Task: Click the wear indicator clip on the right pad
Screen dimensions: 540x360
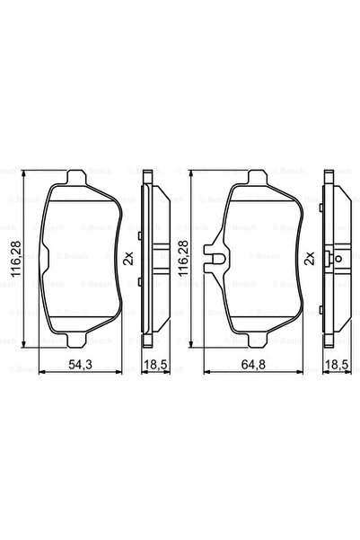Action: coord(214,261)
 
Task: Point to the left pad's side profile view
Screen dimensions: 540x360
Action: coord(151,261)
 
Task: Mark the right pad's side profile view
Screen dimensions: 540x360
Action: coord(332,261)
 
